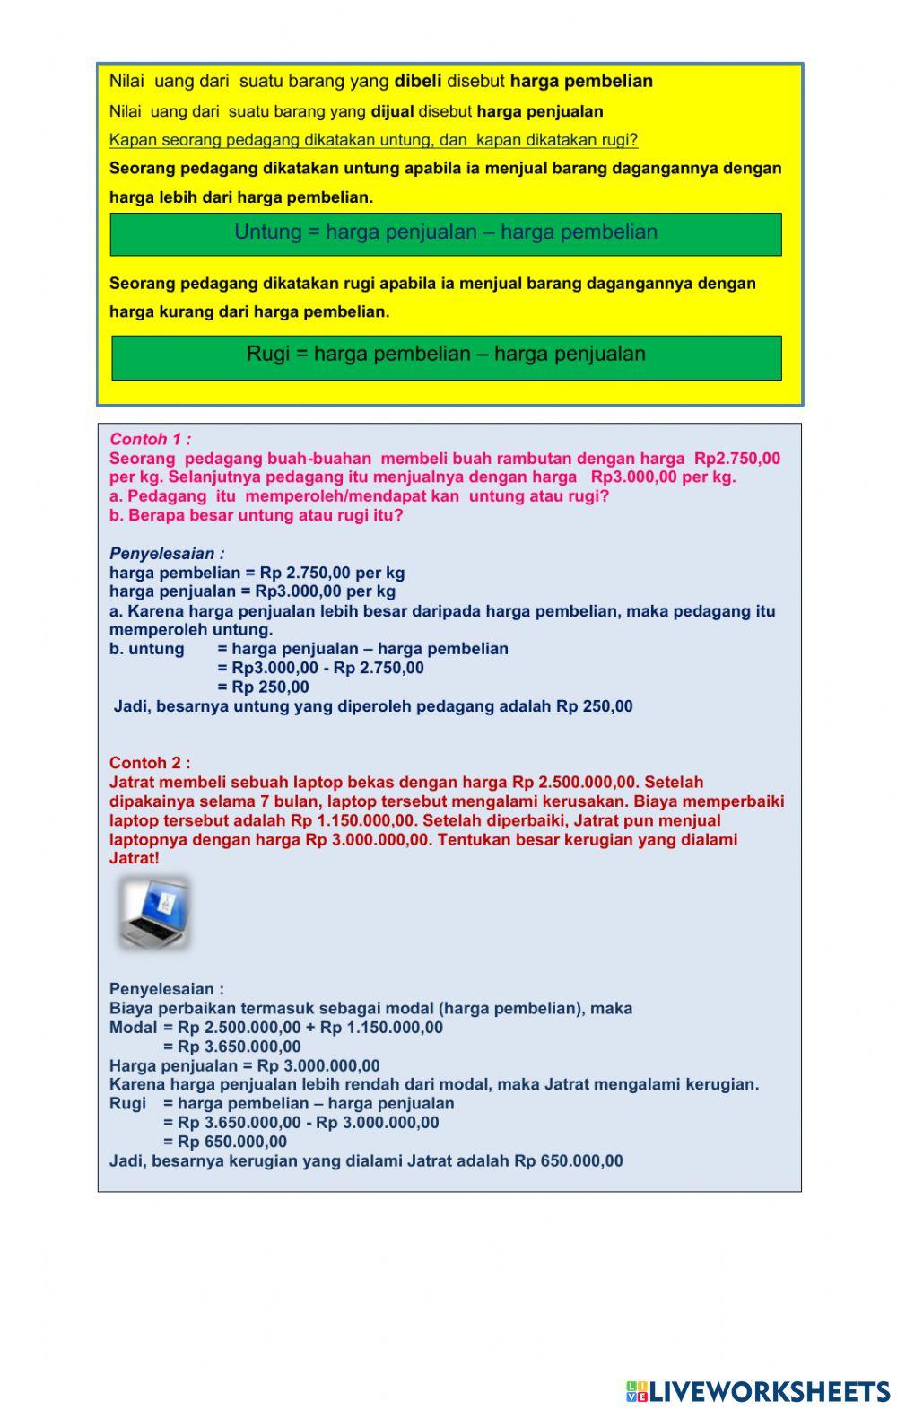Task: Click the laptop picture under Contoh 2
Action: [154, 913]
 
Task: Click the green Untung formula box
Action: [446, 233]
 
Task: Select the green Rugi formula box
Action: [446, 356]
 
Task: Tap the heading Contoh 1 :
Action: [150, 439]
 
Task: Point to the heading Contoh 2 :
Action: [150, 763]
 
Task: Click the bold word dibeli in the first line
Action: [417, 82]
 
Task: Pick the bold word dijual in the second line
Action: [392, 112]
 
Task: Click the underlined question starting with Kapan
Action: [373, 140]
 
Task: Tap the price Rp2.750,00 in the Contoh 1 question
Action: [736, 459]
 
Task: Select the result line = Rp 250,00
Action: [263, 687]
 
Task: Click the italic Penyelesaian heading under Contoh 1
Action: [167, 554]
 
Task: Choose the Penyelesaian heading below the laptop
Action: [167, 989]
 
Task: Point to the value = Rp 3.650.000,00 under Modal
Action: [231, 1047]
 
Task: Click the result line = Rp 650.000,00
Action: [225, 1142]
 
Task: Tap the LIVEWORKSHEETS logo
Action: [758, 1391]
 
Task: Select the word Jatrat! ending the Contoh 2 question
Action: [134, 858]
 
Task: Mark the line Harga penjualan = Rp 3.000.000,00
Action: [244, 1066]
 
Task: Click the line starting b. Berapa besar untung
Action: [257, 515]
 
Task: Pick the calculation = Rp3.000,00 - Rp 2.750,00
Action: [320, 668]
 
